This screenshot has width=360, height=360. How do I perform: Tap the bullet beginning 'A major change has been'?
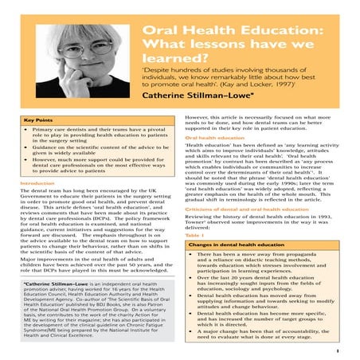(x=268, y=332)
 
